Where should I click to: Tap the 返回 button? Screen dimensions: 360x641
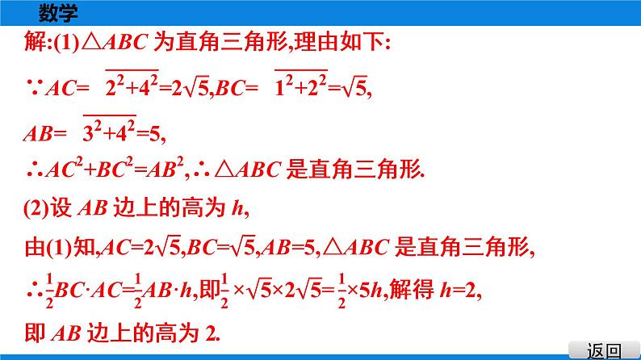[605, 350]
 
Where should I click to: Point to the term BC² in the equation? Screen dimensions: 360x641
[102, 170]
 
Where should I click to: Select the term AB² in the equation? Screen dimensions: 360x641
[160, 170]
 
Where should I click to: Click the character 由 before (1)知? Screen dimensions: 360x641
[36, 249]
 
